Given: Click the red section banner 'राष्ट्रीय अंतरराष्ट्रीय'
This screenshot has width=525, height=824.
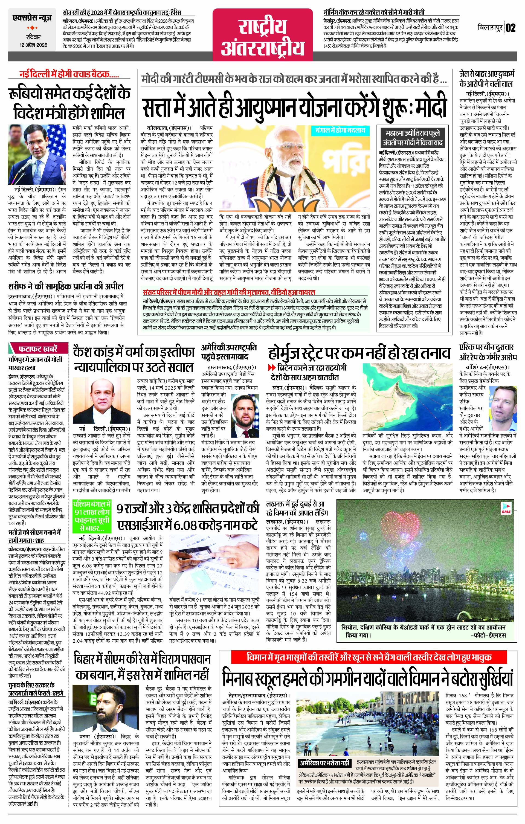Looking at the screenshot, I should [263, 35].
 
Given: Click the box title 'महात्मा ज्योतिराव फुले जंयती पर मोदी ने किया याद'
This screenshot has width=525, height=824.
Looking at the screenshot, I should [412, 138].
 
